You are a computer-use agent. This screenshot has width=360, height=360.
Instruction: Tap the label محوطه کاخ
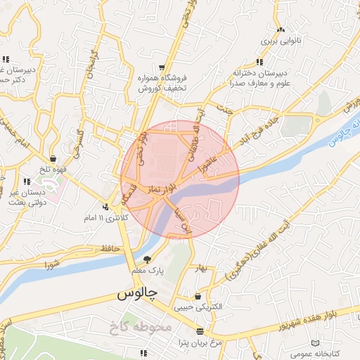[x=141, y=326]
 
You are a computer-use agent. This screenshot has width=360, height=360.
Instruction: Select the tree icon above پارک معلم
[x=147, y=259]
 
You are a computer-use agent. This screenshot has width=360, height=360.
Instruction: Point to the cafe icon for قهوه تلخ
[x=54, y=159]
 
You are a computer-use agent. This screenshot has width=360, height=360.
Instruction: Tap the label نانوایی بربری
[x=281, y=41]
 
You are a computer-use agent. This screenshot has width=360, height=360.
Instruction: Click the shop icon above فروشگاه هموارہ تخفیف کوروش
[x=163, y=59]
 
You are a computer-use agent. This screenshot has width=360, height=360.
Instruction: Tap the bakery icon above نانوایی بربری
[x=281, y=30]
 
